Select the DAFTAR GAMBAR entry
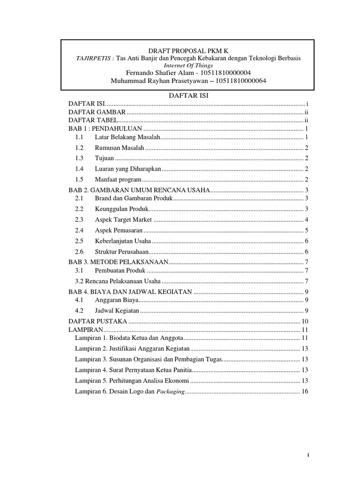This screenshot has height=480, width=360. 97,112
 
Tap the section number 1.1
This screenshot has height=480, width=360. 79,137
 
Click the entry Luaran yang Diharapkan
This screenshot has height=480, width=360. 128,169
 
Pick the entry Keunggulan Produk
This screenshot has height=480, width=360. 121,209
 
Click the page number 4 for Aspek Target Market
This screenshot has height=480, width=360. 306,220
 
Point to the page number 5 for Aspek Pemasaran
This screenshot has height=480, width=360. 306,231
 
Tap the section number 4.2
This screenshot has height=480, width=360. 79,310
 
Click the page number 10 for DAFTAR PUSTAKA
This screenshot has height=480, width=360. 304,322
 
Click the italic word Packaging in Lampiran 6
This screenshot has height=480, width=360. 170,391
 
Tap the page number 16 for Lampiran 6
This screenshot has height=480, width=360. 304,391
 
